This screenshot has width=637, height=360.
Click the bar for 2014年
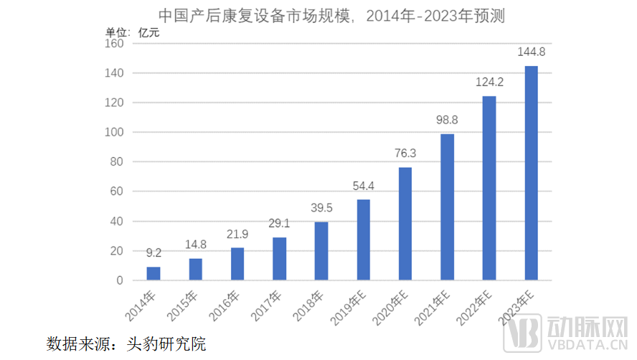pyautogui.click(x=154, y=273)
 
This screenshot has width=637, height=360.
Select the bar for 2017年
pyautogui.click(x=280, y=258)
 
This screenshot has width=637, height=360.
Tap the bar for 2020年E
pyautogui.click(x=405, y=224)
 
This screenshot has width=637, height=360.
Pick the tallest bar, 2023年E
pyautogui.click(x=531, y=173)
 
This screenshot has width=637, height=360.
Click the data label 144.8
pyautogui.click(x=531, y=52)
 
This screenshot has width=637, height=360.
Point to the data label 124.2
pyautogui.click(x=489, y=82)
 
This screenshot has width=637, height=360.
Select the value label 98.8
pyautogui.click(x=447, y=120)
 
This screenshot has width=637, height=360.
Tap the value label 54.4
pyautogui.click(x=364, y=186)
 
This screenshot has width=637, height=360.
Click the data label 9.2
pyautogui.click(x=154, y=252)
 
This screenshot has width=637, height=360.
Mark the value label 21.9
pyautogui.click(x=237, y=234)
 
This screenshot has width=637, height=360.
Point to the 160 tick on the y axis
pyautogui.click(x=115, y=44)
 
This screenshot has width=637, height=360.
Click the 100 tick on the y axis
pyautogui.click(x=115, y=133)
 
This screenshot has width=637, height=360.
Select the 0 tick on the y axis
pyautogui.click(x=120, y=280)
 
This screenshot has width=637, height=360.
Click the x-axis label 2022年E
pyautogui.click(x=477, y=307)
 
